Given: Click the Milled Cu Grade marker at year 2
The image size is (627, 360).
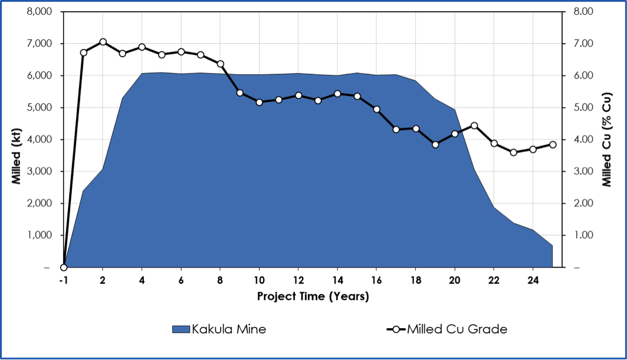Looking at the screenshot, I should [103, 42].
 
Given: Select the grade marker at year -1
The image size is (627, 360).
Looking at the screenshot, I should [64, 267].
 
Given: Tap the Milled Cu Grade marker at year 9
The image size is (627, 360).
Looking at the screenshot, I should [239, 93].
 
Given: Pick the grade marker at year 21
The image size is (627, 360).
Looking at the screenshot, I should [474, 126].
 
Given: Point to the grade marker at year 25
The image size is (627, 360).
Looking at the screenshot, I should [553, 145].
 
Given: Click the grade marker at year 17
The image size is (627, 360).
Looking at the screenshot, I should [396, 129].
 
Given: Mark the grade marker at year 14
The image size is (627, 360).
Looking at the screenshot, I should [337, 93].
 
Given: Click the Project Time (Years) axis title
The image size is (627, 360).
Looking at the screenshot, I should [313, 296].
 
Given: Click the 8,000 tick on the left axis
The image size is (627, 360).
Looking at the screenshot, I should [39, 12].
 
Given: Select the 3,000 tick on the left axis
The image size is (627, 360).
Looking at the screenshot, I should [39, 171].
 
